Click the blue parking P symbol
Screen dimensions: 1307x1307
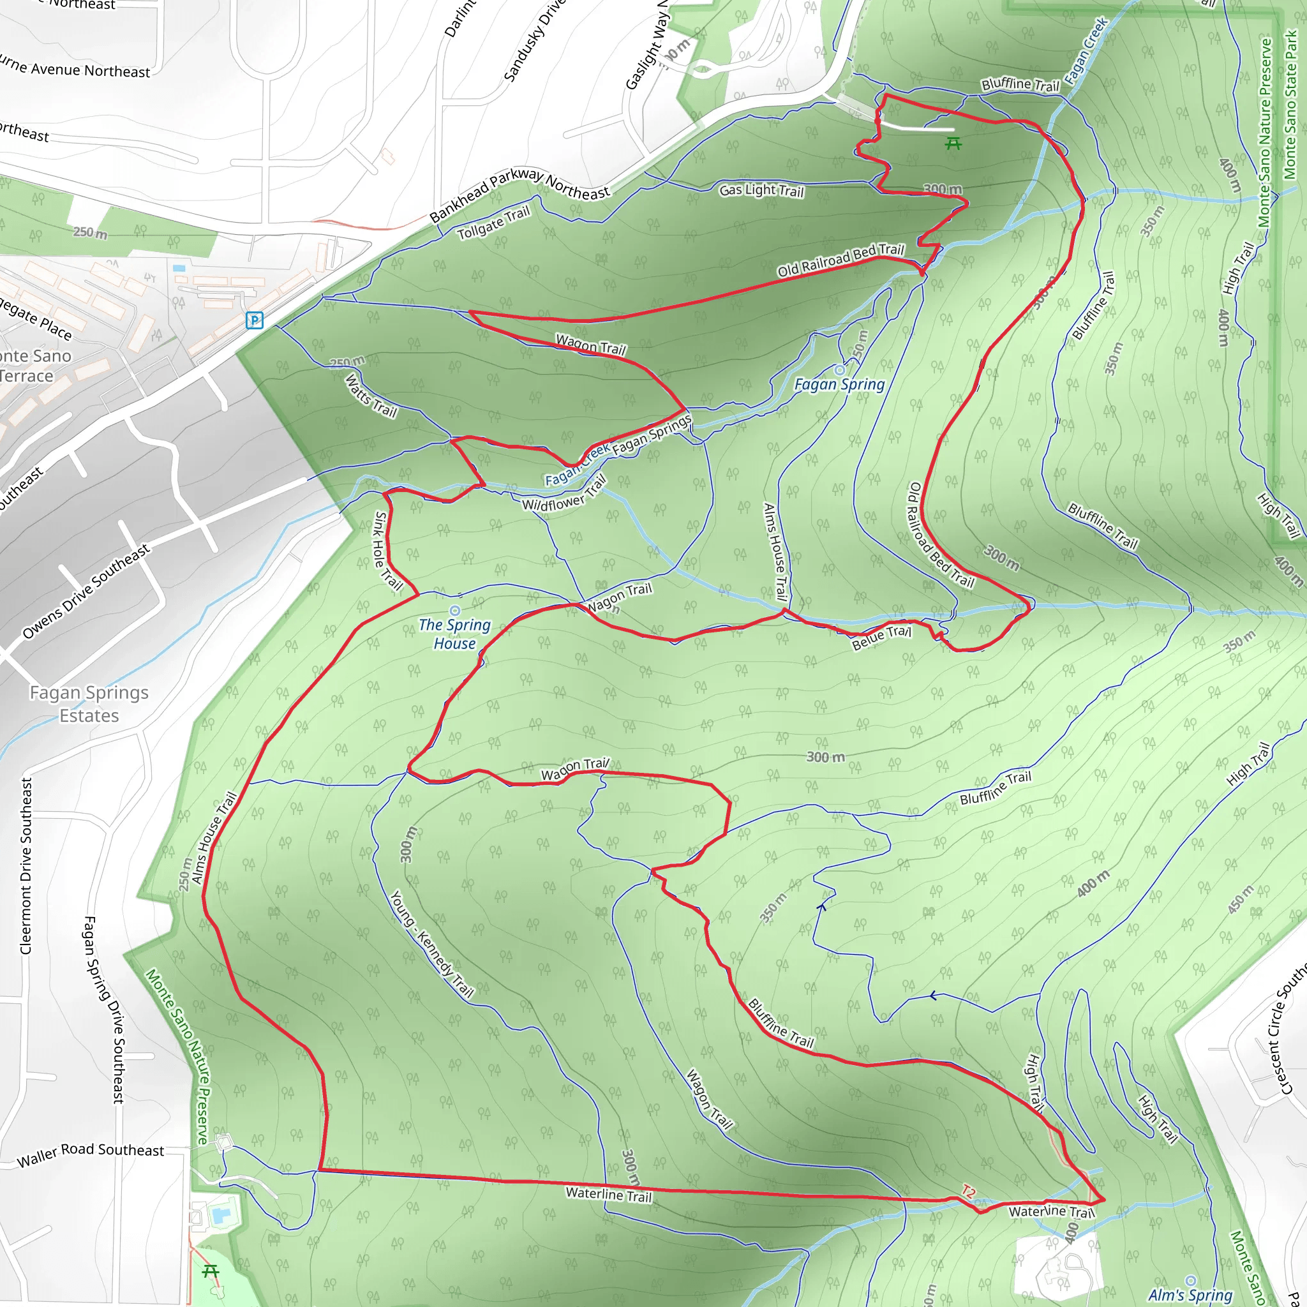tap(255, 320)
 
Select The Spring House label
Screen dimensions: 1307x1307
tap(454, 634)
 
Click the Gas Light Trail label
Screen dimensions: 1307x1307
tap(761, 191)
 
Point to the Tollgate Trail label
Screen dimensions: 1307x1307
tap(493, 223)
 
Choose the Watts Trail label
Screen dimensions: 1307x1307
tap(371, 396)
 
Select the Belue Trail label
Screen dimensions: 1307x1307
tap(881, 638)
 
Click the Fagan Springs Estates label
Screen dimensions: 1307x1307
tap(89, 705)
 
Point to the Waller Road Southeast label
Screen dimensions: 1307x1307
tap(90, 1154)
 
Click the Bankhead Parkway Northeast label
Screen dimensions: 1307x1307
tap(519, 193)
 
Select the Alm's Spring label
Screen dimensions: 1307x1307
tap(1191, 1295)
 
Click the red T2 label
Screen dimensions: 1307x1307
tap(968, 1192)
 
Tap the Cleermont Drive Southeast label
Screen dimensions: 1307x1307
tap(26, 866)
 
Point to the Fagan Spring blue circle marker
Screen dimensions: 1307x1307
tap(840, 370)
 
